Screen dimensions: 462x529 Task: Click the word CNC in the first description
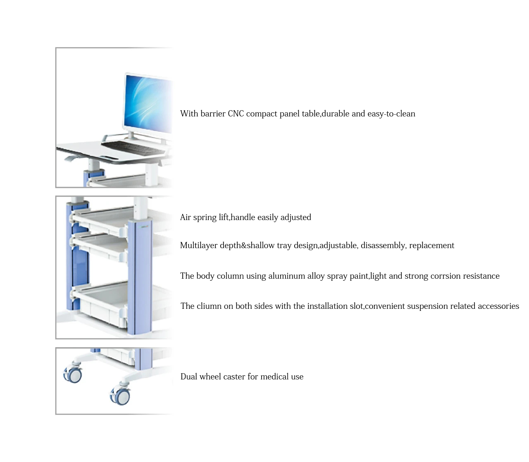click(236, 114)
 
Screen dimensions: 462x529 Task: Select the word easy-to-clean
click(391, 114)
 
